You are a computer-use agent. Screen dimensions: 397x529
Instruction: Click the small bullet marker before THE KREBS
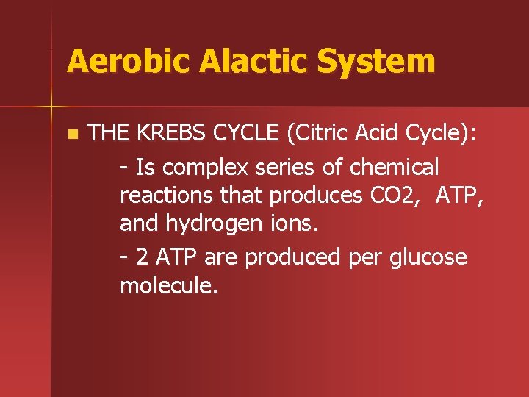[71, 135]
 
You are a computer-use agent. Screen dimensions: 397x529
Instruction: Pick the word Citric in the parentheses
[321, 135]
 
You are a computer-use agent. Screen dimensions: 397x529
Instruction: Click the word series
[287, 168]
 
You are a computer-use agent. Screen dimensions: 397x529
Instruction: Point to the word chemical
[394, 168]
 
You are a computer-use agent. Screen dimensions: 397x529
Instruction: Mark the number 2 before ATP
[141, 257]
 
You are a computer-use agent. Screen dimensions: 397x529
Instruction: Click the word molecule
[168, 286]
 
